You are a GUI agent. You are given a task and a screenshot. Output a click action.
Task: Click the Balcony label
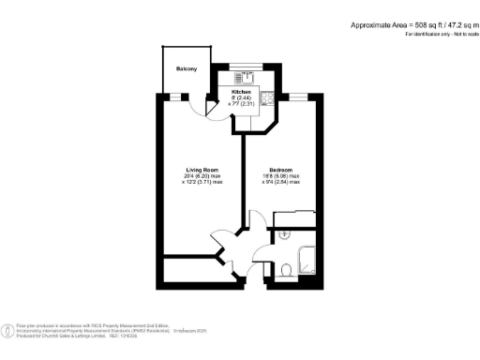tap(187, 68)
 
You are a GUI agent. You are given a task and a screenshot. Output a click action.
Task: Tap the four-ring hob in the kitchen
tap(265, 97)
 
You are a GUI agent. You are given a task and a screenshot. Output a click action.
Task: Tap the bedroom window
tap(299, 97)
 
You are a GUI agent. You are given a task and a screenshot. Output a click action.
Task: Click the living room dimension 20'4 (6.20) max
tap(202, 175)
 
